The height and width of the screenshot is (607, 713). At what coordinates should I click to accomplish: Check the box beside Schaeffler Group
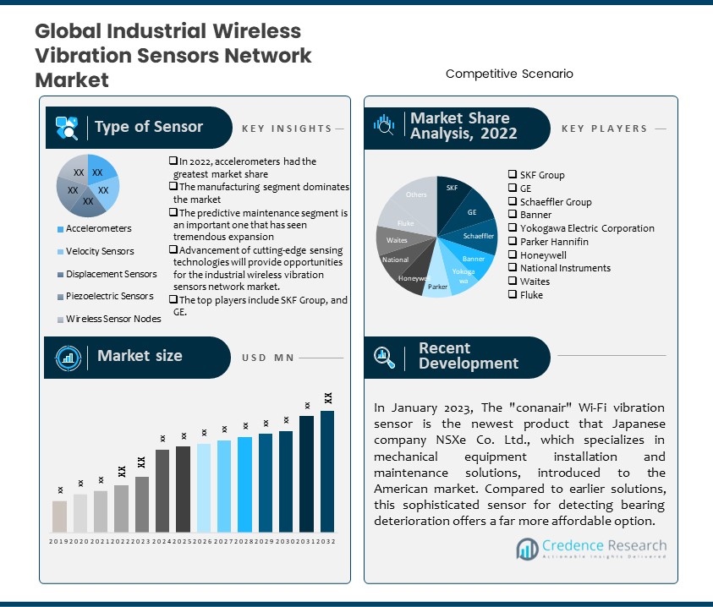(x=513, y=202)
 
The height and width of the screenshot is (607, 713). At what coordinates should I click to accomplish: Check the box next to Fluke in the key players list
(x=513, y=295)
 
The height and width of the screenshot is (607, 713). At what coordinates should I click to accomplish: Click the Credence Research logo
(x=591, y=548)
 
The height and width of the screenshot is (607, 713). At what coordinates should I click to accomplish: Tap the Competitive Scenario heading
(x=509, y=74)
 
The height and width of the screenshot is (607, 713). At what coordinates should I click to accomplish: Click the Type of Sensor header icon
(x=67, y=128)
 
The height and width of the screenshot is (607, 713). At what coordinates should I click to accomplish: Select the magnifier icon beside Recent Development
(x=385, y=357)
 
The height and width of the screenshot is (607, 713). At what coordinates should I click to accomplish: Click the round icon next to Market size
(x=67, y=357)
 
